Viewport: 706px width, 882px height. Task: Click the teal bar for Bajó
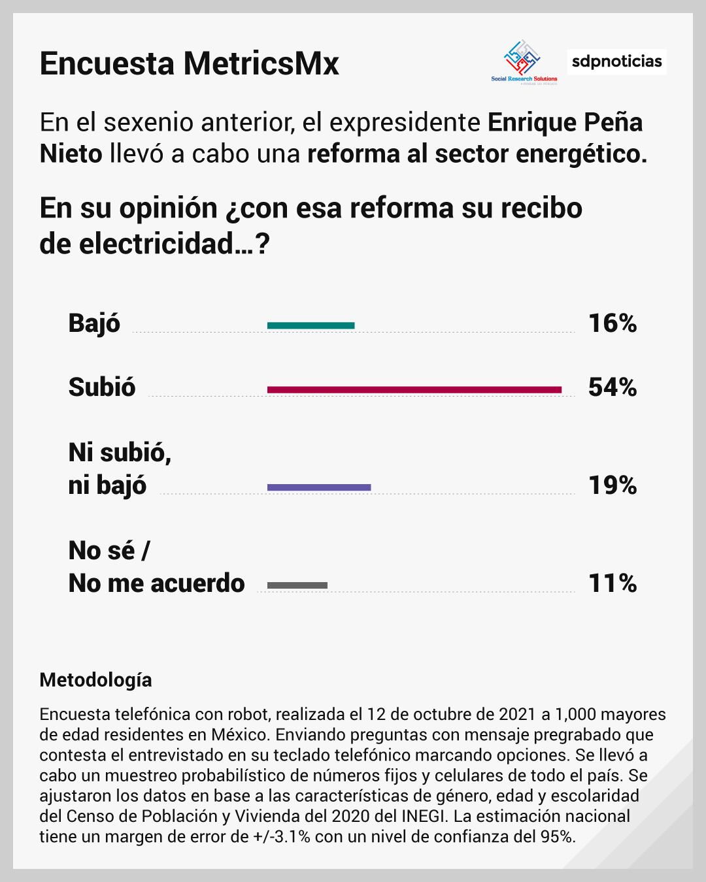coord(311,325)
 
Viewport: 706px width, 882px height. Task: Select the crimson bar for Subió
coord(414,390)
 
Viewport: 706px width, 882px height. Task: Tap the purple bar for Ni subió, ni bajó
coord(319,487)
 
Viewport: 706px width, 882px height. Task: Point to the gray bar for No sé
coord(297,585)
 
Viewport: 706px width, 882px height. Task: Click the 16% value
coord(613,323)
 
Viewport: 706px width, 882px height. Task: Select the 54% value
coord(613,387)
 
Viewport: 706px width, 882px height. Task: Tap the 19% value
coord(613,485)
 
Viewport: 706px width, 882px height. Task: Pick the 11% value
coord(613,583)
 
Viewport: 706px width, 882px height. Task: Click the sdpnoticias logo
coord(616,62)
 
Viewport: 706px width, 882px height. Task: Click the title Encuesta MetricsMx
coord(189,63)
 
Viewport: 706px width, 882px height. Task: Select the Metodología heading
coord(95,680)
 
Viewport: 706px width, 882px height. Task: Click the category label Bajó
coord(94,323)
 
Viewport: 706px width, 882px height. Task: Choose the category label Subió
coord(102,387)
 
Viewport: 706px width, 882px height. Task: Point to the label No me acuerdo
coord(156,583)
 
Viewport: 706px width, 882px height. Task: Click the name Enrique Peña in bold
coord(565,122)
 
